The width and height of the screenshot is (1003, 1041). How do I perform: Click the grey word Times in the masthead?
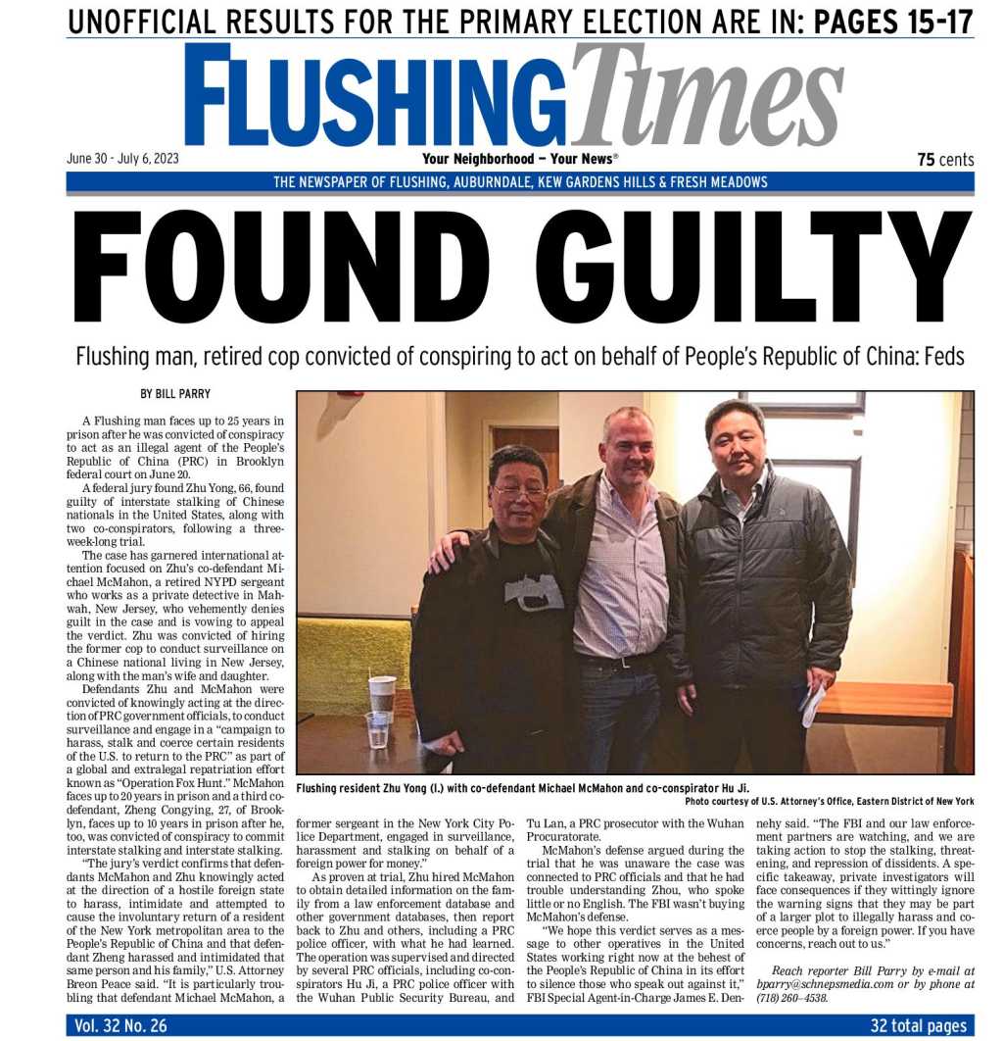click(x=707, y=96)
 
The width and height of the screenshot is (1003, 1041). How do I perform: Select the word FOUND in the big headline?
click(x=281, y=267)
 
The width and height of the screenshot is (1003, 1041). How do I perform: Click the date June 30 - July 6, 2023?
click(x=122, y=158)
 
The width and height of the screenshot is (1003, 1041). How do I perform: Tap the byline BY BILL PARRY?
click(x=175, y=394)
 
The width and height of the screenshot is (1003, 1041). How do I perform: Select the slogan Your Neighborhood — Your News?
click(x=519, y=159)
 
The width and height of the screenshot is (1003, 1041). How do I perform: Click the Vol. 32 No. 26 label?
click(x=120, y=1026)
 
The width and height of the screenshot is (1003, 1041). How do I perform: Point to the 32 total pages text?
click(x=918, y=1026)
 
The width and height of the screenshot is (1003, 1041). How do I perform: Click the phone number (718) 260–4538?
click(x=792, y=998)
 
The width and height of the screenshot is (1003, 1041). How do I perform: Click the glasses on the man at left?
click(x=520, y=491)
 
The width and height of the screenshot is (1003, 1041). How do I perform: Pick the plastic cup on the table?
click(x=377, y=729)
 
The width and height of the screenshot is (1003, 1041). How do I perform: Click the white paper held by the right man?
click(x=812, y=706)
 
